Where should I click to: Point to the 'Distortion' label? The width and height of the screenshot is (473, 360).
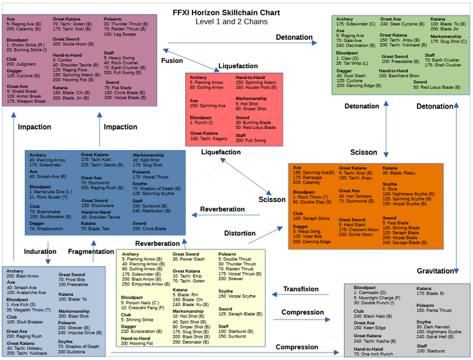pyautogui.click(x=239, y=234)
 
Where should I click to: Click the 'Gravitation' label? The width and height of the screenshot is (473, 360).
pyautogui.click(x=435, y=271)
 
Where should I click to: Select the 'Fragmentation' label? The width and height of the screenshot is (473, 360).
pyautogui.click(x=91, y=251)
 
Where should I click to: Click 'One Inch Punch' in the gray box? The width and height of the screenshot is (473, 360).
pyautogui.click(x=378, y=354)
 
